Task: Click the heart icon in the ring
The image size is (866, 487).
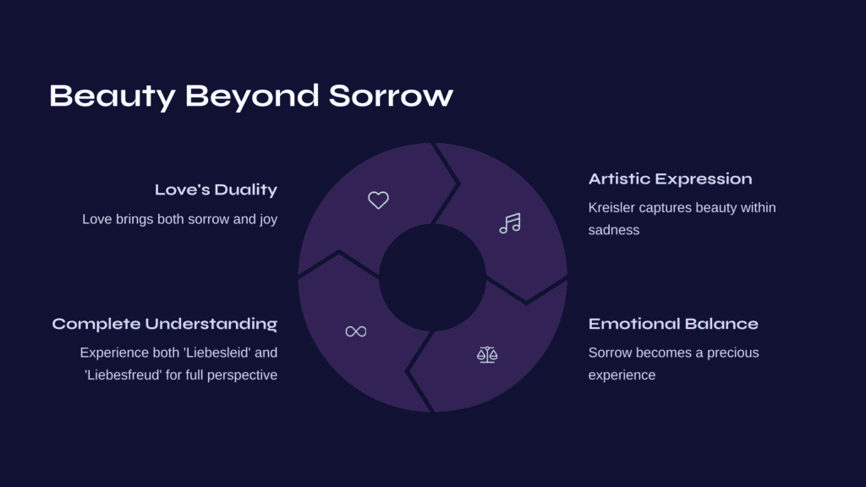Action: pyautogui.click(x=378, y=200)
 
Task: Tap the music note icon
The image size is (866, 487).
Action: pyautogui.click(x=510, y=223)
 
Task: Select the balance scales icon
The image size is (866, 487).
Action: pyautogui.click(x=487, y=354)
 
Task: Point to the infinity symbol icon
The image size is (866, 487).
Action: pyautogui.click(x=356, y=331)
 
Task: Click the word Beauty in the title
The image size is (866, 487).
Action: pyautogui.click(x=112, y=96)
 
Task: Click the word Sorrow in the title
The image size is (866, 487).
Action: pyautogui.click(x=391, y=96)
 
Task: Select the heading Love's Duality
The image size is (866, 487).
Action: pyautogui.click(x=216, y=190)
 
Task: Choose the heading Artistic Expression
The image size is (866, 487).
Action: pyautogui.click(x=670, y=179)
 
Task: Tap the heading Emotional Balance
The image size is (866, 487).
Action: pyautogui.click(x=673, y=324)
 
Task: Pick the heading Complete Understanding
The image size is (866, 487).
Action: pyautogui.click(x=165, y=324)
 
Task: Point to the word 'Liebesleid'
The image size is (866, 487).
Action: pyautogui.click(x=216, y=353)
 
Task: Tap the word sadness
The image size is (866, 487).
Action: pyautogui.click(x=614, y=230)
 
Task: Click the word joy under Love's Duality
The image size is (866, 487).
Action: pyautogui.click(x=268, y=220)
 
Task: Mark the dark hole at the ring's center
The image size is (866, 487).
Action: pyautogui.click(x=432, y=277)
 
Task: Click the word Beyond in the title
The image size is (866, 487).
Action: pyautogui.click(x=252, y=97)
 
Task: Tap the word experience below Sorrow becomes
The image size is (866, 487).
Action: pyautogui.click(x=622, y=375)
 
